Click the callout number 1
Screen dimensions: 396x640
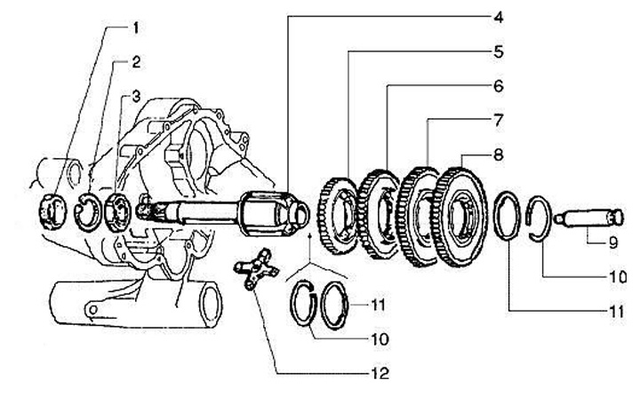click(x=136, y=28)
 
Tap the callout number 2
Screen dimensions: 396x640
click(x=136, y=62)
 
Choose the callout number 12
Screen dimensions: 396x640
click(x=380, y=374)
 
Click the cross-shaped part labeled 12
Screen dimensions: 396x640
click(x=256, y=271)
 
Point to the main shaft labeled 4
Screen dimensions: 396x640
click(x=231, y=213)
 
